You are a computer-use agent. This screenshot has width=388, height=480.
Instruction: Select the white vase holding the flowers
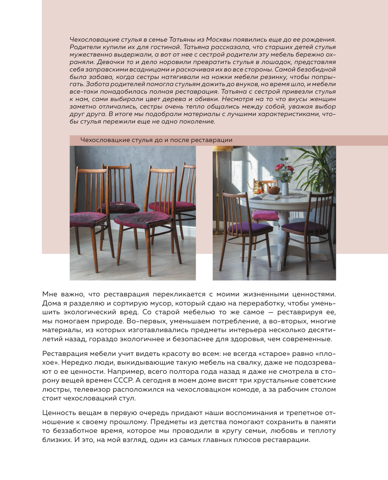[285, 188]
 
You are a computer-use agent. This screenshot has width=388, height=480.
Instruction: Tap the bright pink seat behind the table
[265, 215]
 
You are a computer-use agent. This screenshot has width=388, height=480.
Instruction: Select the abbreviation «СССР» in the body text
[123, 380]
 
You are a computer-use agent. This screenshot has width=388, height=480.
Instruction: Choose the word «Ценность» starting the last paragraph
[57, 413]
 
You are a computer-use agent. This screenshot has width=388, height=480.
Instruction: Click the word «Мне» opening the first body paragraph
[49, 294]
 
